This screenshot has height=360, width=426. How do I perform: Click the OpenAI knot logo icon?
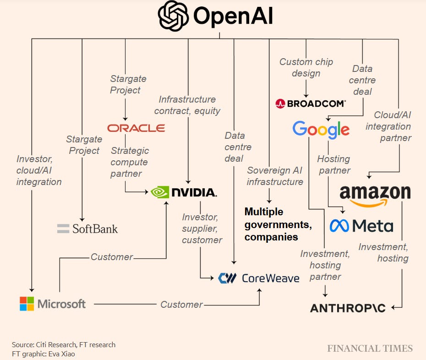tap(173, 16)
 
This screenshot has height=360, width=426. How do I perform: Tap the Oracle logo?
tap(136, 128)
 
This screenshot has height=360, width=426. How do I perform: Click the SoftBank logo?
tap(87, 228)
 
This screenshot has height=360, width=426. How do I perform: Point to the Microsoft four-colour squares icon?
tap(27, 304)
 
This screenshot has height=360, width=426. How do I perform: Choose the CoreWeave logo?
tap(259, 278)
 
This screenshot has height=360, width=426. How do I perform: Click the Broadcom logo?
tap(311, 104)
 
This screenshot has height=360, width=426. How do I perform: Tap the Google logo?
tap(321, 129)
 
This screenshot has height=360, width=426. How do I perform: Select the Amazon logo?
tap(375, 194)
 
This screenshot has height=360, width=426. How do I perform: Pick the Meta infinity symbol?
tap(339, 225)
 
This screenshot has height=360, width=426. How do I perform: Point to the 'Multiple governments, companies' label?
tap(278, 224)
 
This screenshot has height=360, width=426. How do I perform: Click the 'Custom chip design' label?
tap(306, 67)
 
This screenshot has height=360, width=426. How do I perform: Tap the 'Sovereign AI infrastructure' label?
tap(275, 176)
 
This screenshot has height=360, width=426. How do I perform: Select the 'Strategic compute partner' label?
tap(130, 162)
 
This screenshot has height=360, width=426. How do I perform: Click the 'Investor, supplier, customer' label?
tap(202, 228)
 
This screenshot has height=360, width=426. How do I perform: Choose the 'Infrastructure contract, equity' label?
tap(187, 105)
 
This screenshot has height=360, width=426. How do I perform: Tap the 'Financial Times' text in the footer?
tap(370, 349)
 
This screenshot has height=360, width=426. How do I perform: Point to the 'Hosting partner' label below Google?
tap(333, 164)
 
